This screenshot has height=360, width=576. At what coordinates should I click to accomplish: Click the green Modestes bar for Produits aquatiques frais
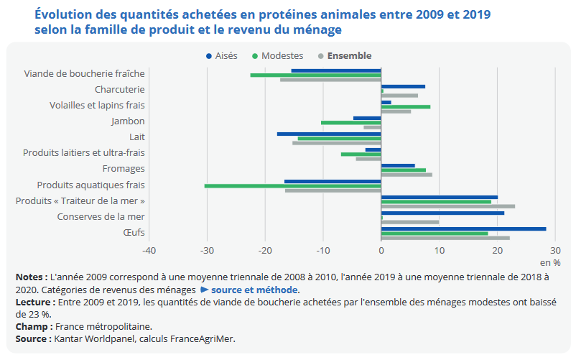(292, 185)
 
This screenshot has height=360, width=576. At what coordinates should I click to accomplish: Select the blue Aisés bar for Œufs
(463, 229)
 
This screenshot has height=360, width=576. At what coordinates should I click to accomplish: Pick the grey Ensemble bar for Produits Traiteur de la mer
(447, 206)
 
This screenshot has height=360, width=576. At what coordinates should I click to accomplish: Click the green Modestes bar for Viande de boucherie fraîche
(315, 75)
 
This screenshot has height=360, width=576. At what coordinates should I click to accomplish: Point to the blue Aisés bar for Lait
(329, 134)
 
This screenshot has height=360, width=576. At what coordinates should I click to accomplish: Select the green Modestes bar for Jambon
(350, 122)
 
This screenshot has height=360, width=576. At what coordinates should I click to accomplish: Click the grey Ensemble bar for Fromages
(407, 175)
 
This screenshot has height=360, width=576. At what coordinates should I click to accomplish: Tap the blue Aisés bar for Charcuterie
(403, 86)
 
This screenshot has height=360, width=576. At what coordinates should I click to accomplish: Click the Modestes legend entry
(277, 56)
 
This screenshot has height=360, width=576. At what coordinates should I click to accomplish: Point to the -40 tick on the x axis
(149, 250)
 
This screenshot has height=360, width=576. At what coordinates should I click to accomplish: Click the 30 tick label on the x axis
(554, 250)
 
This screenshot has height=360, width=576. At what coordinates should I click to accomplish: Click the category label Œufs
(134, 232)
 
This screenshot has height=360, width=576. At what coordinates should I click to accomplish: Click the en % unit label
(550, 262)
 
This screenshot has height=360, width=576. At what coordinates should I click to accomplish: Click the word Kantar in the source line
(67, 338)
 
